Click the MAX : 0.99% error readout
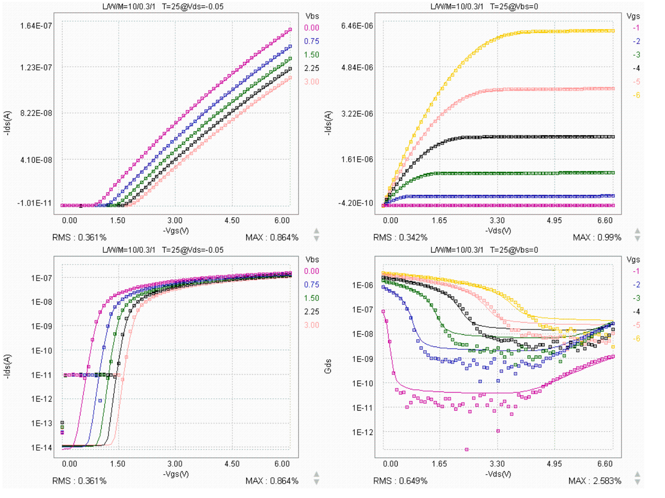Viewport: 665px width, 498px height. [597, 237]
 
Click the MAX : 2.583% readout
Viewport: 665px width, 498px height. [595, 481]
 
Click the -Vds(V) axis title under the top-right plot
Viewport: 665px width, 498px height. [498, 231]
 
